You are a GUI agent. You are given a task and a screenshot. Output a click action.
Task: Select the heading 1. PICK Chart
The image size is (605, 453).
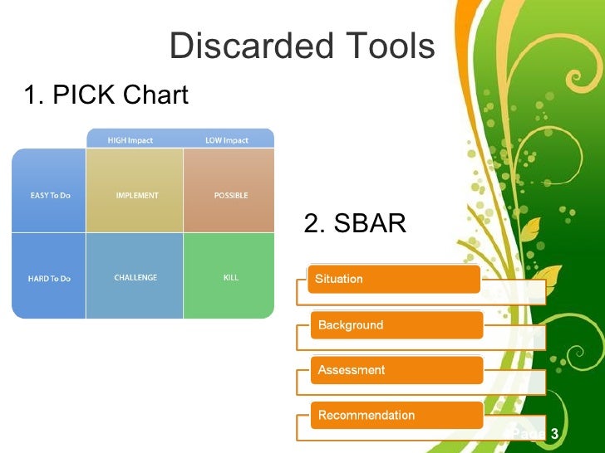pyautogui.click(x=106, y=96)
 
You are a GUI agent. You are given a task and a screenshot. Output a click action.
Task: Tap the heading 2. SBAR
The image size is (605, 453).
pyautogui.click(x=355, y=224)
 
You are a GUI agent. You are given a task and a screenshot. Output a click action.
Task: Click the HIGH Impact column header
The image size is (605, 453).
pyautogui.click(x=130, y=140)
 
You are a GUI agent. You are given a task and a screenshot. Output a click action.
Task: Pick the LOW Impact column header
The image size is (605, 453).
pyautogui.click(x=227, y=140)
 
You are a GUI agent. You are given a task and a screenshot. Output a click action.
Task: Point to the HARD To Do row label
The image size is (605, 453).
pyautogui.click(x=48, y=278)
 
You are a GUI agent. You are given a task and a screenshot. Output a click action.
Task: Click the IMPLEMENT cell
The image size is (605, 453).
pyautogui.click(x=136, y=196)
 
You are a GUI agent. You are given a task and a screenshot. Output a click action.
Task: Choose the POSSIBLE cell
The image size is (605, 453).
pyautogui.click(x=230, y=196)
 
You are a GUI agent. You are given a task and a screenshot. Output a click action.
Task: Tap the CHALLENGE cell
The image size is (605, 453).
pyautogui.click(x=135, y=277)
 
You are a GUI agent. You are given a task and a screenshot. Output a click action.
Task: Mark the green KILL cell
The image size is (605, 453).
pyautogui.click(x=230, y=277)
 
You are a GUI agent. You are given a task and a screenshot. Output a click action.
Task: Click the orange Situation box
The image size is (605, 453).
pyautogui.click(x=393, y=280)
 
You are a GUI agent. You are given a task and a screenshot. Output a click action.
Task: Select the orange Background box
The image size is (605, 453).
pyautogui.click(x=396, y=325)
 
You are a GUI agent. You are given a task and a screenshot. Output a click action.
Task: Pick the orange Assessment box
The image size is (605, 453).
pyautogui.click(x=396, y=370)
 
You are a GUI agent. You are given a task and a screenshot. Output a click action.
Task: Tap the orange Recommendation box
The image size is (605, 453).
pyautogui.click(x=396, y=415)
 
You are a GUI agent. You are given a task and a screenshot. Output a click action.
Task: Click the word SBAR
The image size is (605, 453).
pyautogui.click(x=369, y=224)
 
